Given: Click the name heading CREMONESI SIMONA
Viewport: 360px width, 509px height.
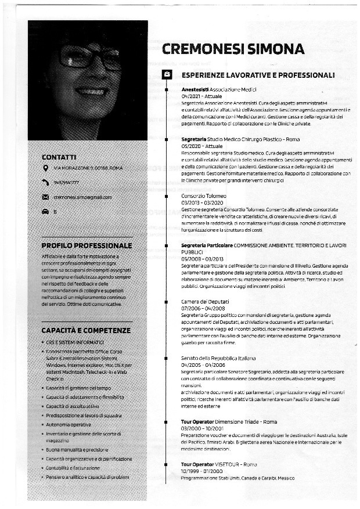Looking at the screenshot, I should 233,49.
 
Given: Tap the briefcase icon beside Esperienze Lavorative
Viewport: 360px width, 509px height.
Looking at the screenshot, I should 167,74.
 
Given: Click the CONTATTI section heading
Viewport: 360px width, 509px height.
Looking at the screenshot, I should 59,157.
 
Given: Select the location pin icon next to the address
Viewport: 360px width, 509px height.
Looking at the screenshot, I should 46,168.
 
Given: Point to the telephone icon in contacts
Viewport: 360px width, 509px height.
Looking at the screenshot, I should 46,182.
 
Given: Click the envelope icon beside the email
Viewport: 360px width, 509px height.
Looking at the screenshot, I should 46,197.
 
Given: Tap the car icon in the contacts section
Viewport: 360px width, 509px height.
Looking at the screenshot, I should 46,212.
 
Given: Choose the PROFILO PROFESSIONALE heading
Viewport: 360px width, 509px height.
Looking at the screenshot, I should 87,246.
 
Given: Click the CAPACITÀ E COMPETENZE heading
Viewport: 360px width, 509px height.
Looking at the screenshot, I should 85,330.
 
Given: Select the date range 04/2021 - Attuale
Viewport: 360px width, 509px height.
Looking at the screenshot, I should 198,96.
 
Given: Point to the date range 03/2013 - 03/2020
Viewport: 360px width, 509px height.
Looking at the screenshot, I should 202,203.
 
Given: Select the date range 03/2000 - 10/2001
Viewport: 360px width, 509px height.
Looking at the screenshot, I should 202,428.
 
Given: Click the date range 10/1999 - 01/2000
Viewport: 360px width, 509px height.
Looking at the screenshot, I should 202,471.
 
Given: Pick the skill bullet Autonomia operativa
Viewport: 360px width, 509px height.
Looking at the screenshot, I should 69,425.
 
